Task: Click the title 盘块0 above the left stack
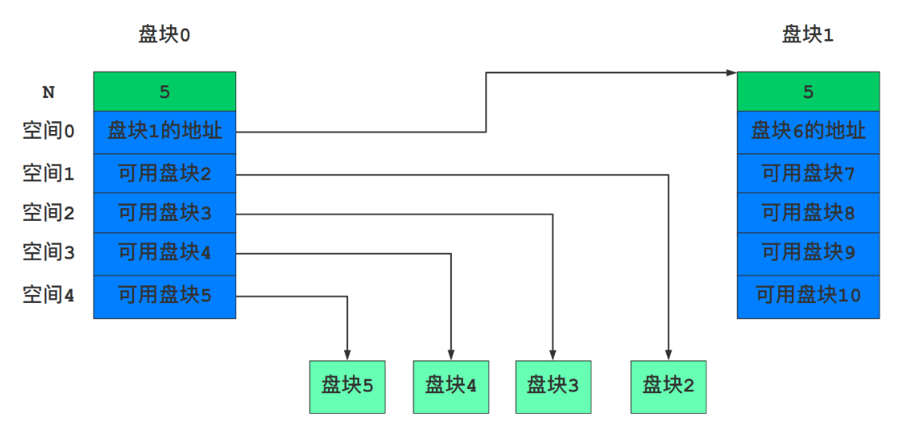164,35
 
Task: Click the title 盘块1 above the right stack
808,35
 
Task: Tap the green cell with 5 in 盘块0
164,92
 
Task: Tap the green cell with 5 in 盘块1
808,92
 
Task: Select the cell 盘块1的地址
164,132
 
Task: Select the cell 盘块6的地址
808,132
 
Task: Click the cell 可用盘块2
164,173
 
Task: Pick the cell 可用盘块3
164,213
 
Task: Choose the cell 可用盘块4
164,254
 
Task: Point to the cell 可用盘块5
164,296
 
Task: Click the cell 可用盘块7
808,173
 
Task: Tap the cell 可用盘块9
808,254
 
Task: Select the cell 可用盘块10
808,296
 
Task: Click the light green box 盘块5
347,387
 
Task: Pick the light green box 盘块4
451,387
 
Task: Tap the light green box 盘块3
552,387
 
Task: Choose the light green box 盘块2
668,387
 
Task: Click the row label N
49,92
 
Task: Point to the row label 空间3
49,254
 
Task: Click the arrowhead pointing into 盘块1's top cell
731,73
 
